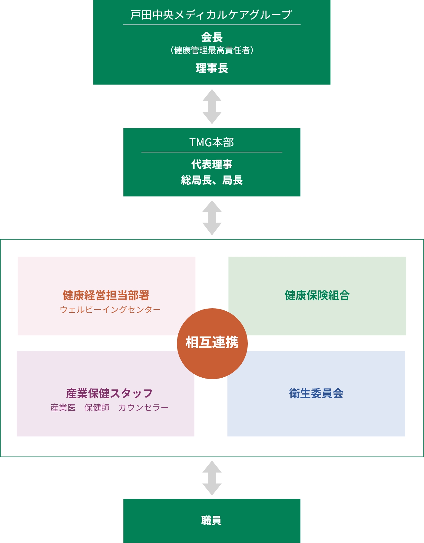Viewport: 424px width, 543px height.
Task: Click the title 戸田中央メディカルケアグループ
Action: [211, 15]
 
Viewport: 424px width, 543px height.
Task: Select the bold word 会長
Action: [212, 37]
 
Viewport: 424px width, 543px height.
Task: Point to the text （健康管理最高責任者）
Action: [212, 50]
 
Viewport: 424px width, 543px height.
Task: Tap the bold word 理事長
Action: [212, 68]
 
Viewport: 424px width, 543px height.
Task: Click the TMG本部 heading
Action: [211, 142]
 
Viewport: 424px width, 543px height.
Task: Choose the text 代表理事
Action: [212, 164]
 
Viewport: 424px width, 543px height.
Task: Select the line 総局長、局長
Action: [212, 180]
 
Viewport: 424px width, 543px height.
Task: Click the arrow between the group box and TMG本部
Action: [212, 106]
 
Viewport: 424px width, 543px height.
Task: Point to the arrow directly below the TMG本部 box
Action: [212, 217]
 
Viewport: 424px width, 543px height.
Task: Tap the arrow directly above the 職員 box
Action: [212, 478]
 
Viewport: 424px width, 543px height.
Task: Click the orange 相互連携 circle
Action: [212, 343]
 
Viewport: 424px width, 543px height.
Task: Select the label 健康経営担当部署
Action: [106, 295]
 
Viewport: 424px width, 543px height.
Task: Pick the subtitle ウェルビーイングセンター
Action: [110, 310]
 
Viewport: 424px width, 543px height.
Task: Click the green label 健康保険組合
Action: [317, 295]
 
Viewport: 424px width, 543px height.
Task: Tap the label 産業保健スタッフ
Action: [109, 393]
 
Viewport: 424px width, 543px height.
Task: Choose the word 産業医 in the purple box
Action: [63, 408]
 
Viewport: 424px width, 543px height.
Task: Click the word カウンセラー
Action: [144, 408]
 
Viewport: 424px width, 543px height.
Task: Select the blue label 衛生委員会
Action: [316, 393]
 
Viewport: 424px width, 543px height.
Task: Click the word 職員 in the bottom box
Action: [211, 520]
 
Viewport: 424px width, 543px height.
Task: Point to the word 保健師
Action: [97, 408]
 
